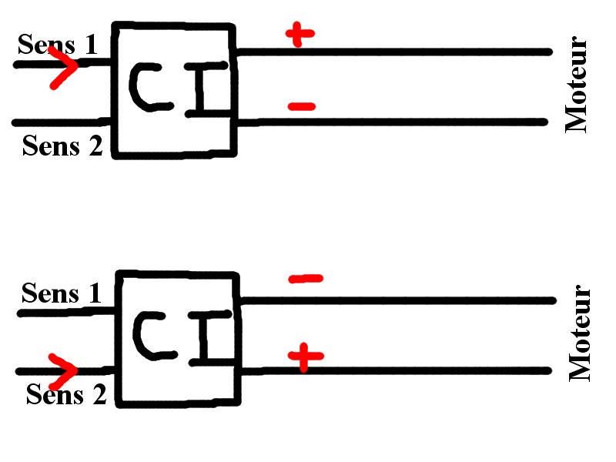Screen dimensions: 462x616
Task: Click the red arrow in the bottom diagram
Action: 64,371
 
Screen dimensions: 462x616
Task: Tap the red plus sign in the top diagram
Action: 300,35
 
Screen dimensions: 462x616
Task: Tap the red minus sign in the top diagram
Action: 301,107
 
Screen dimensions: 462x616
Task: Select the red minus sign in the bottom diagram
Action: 305,278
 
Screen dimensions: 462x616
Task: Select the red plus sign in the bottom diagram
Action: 306,356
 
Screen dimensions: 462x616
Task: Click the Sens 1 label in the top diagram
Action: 58,44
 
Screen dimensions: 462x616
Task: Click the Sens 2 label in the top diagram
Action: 62,145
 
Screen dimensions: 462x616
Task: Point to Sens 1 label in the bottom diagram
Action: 62,293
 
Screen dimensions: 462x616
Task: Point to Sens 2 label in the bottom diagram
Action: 66,394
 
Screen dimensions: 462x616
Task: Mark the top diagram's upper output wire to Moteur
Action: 393,52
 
